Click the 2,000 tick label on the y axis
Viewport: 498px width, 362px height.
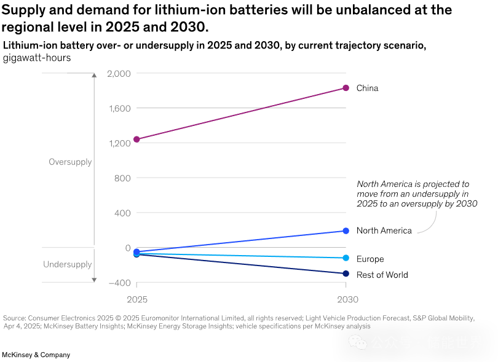pyautogui.click(x=119, y=74)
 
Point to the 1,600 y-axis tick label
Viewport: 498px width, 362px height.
pyautogui.click(x=119, y=109)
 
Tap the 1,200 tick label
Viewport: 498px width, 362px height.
pyautogui.click(x=119, y=144)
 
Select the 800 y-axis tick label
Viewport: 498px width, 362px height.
pyautogui.click(x=122, y=178)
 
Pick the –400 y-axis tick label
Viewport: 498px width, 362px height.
pyautogui.click(x=120, y=283)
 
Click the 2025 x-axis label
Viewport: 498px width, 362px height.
pyautogui.click(x=137, y=299)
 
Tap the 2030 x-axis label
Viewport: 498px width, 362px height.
pyautogui.click(x=347, y=299)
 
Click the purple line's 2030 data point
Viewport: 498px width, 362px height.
pyautogui.click(x=346, y=88)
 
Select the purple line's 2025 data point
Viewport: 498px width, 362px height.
pyautogui.click(x=136, y=140)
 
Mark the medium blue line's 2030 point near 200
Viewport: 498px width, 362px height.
pyautogui.click(x=346, y=231)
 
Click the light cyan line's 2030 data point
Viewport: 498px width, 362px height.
pyautogui.click(x=346, y=258)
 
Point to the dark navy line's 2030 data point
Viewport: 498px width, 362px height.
pyautogui.click(x=346, y=273)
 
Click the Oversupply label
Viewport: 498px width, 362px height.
pyautogui.click(x=70, y=162)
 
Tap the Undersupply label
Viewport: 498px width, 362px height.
pyautogui.click(x=67, y=265)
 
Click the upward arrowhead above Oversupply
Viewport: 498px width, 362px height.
pyautogui.click(x=94, y=75)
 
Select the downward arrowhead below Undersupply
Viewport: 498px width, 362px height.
pyautogui.click(x=94, y=280)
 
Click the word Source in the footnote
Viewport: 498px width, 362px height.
pyautogui.click(x=14, y=318)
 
